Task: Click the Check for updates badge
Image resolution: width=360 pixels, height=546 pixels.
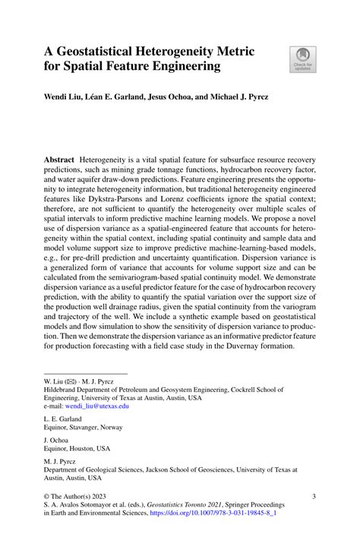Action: coord(303,60)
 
